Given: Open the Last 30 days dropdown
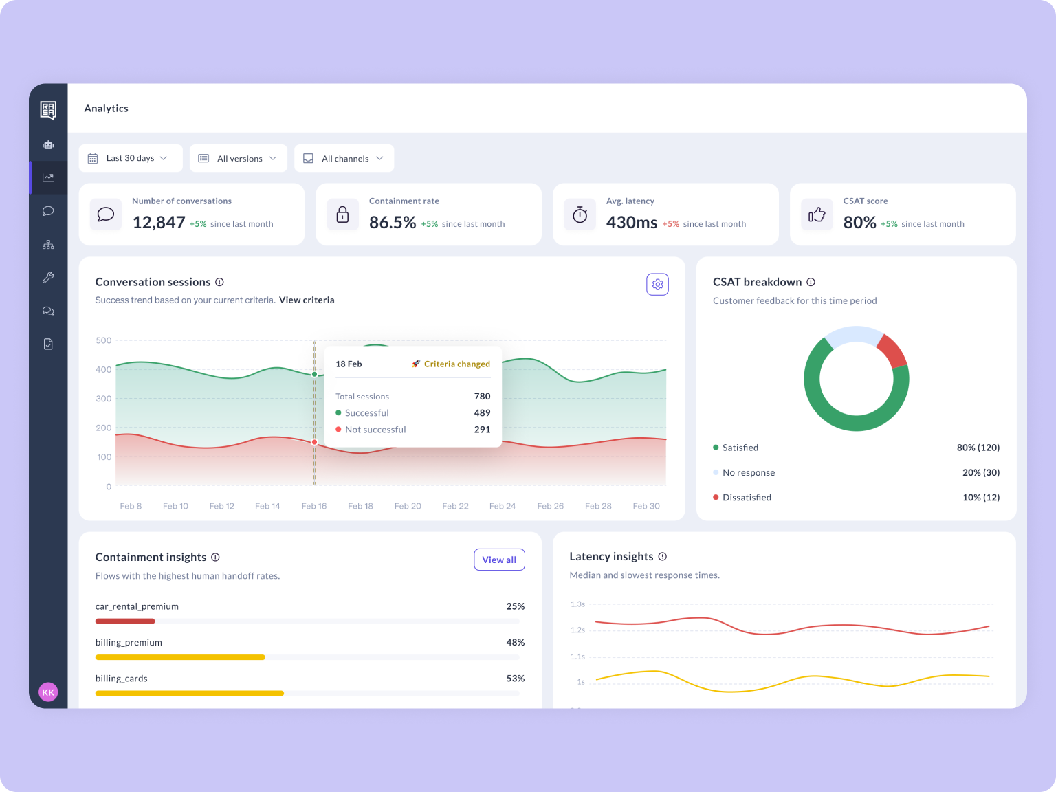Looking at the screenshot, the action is pos(131,158).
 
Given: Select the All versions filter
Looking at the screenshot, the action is pos(238,158).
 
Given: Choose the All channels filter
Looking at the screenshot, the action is pos(344,158).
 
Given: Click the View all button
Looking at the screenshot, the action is pos(499,560).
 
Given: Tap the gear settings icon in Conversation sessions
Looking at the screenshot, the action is pos(657,285).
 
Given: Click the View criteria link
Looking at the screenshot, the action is pos(307,300).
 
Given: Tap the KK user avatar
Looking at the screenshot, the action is pos(48,692).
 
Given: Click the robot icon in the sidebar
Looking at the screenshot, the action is pos(48,145).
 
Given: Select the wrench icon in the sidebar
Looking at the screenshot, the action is pos(48,278).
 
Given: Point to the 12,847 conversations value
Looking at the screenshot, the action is pos(159,223).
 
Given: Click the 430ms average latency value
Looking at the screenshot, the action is pos(632,223).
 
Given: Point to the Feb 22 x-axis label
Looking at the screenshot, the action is pos(455,506).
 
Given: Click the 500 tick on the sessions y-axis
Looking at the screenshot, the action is pos(103,340).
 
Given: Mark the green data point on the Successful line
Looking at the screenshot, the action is pos(315,374).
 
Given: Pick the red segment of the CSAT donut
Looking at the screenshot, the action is pos(893,350).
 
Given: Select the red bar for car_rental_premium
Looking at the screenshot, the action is pos(125,621).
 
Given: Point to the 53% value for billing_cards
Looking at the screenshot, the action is pos(515,679).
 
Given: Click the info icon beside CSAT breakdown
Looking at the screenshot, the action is pos(811,282).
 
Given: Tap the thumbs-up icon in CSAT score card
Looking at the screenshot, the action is pos(817,214).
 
